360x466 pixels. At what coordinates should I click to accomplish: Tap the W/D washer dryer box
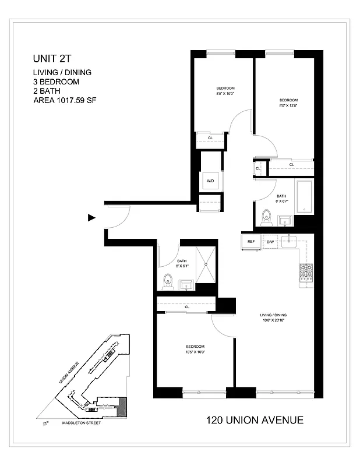pyautogui.click(x=210, y=181)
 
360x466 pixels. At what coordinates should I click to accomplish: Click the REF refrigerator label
pyautogui.click(x=251, y=241)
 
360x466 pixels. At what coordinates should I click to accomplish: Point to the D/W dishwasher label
pyautogui.click(x=270, y=241)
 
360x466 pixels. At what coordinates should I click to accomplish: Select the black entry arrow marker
pyautogui.click(x=91, y=218)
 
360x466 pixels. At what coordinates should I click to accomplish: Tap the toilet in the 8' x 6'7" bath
pyautogui.click(x=267, y=216)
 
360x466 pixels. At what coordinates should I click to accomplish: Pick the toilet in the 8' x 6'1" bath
pyautogui.click(x=168, y=281)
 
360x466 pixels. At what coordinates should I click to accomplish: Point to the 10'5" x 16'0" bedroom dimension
pyautogui.click(x=194, y=352)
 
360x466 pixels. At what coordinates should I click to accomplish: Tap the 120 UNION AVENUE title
pyautogui.click(x=255, y=420)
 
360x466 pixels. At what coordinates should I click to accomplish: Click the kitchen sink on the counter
pyautogui.click(x=290, y=241)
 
